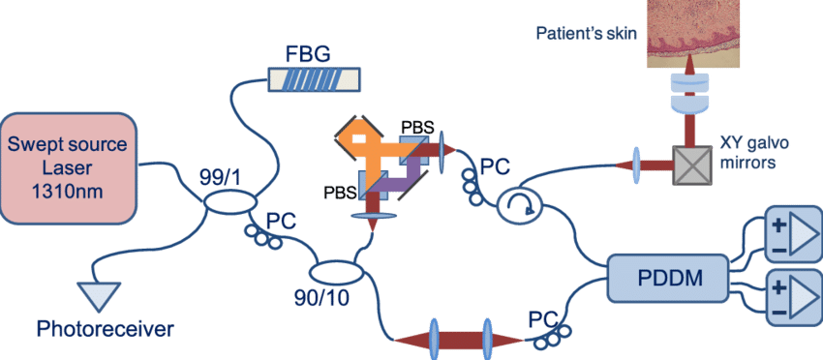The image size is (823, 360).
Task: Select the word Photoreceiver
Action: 106,330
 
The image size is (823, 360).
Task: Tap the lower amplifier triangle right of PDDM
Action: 792,290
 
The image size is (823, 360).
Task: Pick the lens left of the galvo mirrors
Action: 638,159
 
